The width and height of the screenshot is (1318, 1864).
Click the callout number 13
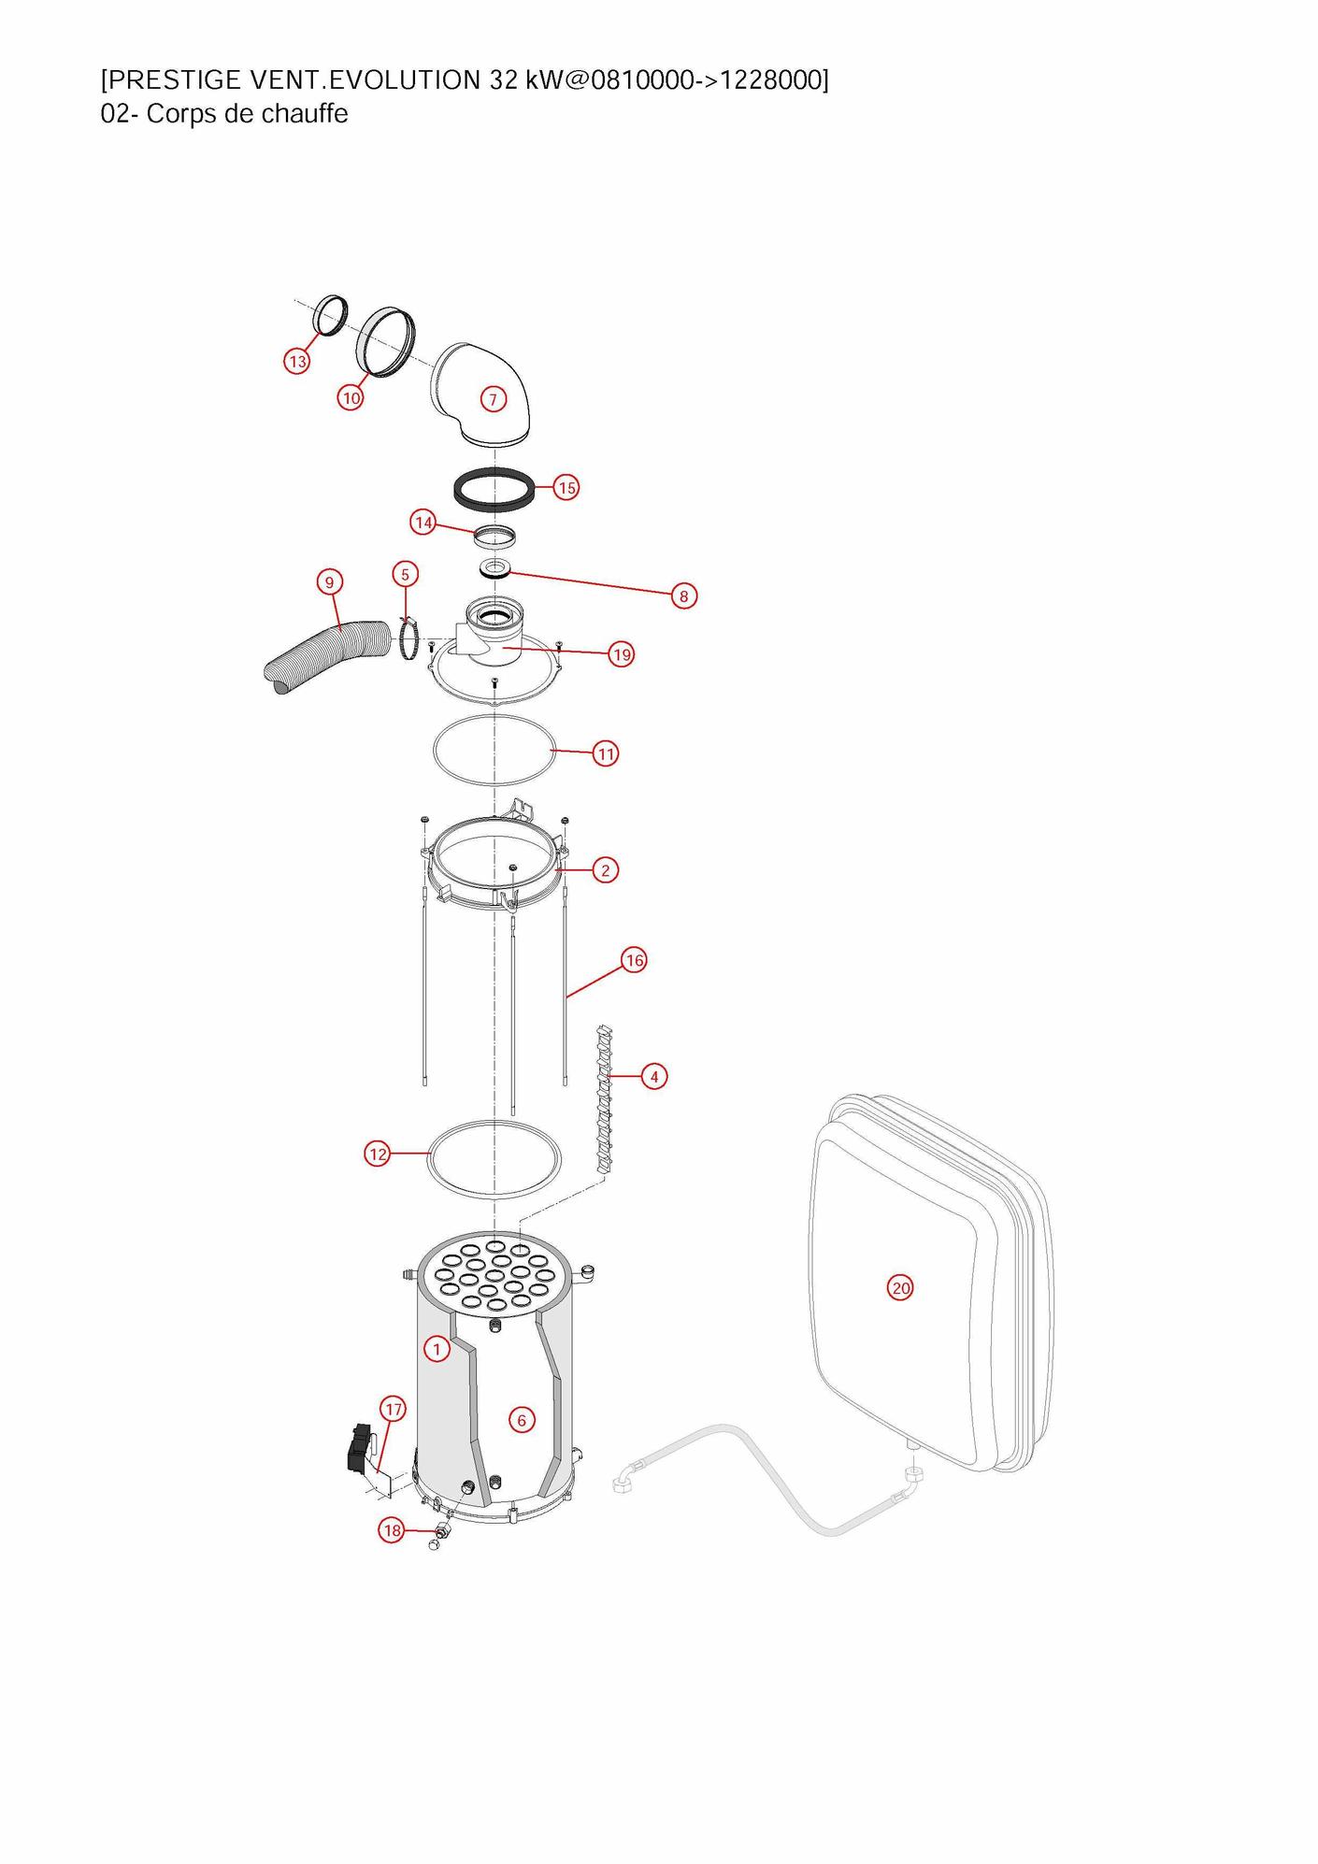(297, 361)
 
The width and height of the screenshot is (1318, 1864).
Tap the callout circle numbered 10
(351, 397)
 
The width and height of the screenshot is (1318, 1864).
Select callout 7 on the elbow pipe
(493, 399)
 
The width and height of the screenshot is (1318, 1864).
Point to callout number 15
(566, 487)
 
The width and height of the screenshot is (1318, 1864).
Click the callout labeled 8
(684, 595)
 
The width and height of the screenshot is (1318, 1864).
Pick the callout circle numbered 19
(622, 654)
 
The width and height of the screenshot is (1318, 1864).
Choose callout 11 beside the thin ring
(606, 753)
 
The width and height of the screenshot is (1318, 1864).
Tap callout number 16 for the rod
(634, 960)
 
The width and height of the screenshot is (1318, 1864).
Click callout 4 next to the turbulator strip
(654, 1077)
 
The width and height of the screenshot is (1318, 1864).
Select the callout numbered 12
(378, 1154)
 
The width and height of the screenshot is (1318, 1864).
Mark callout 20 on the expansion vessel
(900, 1288)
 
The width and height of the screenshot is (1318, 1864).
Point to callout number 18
(392, 1530)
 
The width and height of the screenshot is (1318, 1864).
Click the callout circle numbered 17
(394, 1409)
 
